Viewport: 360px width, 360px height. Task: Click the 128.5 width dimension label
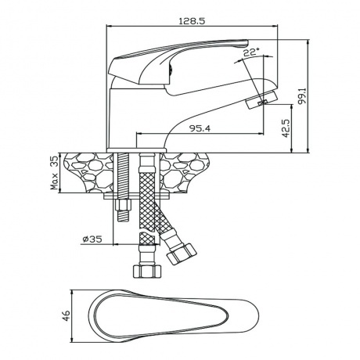(192, 21)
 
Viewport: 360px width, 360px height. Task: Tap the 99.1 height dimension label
(303, 96)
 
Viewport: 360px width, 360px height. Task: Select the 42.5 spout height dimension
(286, 128)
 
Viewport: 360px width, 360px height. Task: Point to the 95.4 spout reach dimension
(200, 128)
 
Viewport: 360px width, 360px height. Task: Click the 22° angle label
(251, 52)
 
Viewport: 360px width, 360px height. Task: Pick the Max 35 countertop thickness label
(55, 173)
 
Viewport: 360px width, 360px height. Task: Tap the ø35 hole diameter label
(92, 239)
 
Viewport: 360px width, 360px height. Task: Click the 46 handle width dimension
(66, 315)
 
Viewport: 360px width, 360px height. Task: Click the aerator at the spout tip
(261, 100)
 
